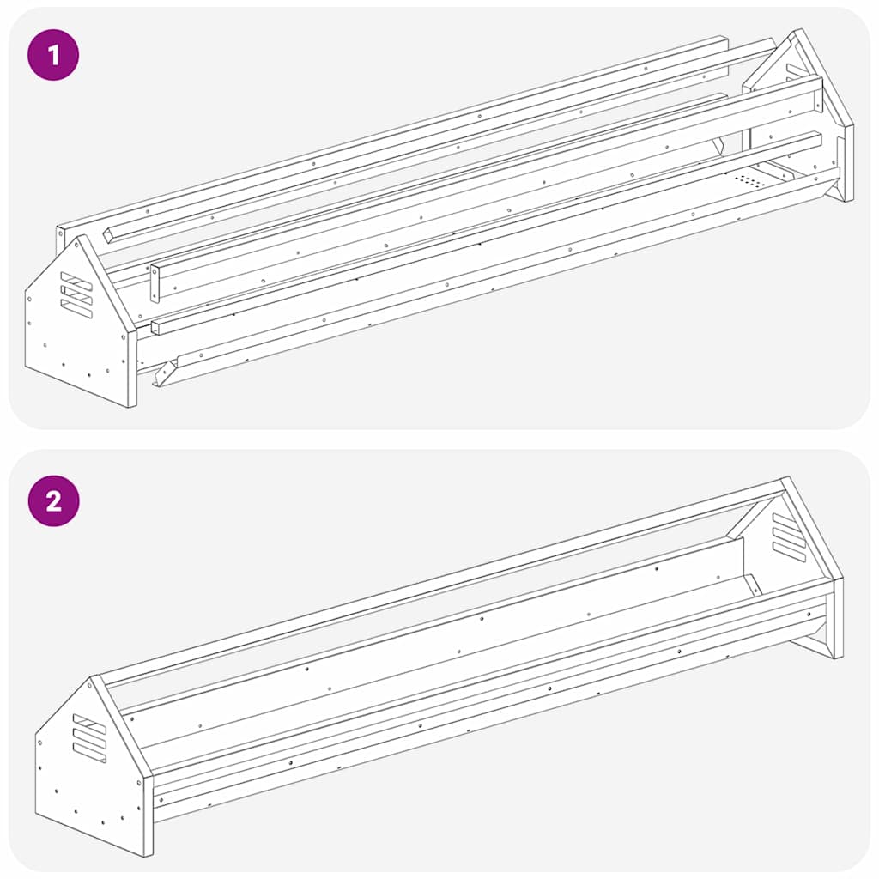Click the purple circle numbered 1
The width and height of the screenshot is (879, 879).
click(x=53, y=55)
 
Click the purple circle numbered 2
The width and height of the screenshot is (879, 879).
click(x=54, y=500)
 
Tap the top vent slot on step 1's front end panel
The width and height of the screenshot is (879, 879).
click(x=76, y=281)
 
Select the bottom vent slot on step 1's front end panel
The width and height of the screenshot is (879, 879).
click(x=76, y=309)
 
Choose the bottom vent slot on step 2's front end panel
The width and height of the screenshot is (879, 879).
click(x=88, y=753)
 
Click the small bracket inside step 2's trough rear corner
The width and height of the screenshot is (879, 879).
click(x=752, y=584)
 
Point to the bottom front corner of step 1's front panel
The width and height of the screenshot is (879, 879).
click(x=131, y=405)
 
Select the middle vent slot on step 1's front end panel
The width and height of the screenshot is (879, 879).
click(x=76, y=295)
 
